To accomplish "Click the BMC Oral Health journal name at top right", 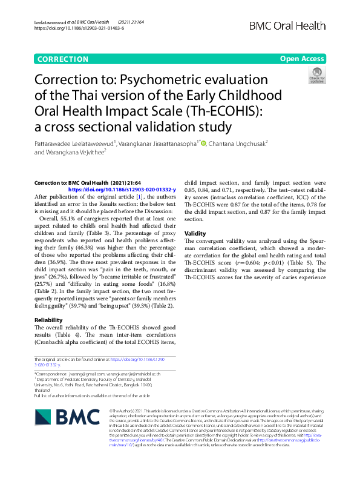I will coord(304,25).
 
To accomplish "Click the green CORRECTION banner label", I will coord(63,59).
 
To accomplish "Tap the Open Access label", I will coord(302,59).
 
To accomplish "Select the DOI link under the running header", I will coord(78,28).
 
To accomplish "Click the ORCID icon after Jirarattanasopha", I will coord(203,144).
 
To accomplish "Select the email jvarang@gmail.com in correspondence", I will coord(88,375).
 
